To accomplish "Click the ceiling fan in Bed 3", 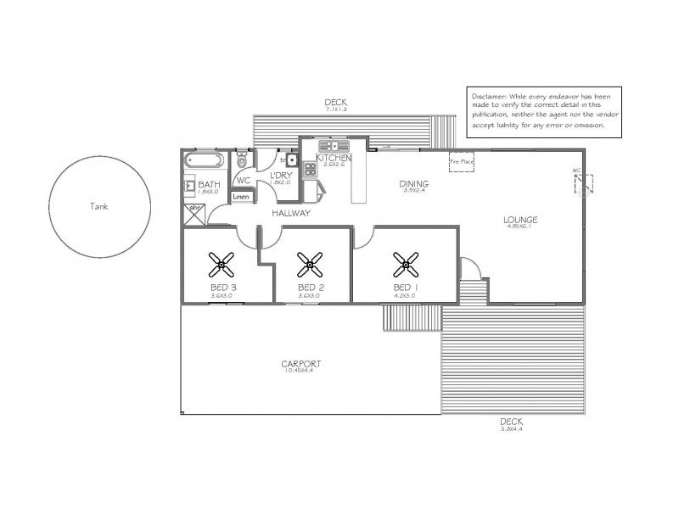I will tap(224, 266).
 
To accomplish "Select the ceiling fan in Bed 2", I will tap(309, 266).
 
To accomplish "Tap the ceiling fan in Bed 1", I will tap(404, 266).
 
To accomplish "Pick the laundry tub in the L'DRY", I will tap(290, 159).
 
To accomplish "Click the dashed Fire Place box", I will tap(462, 161).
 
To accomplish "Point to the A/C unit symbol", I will tap(583, 184).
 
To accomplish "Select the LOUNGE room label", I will tap(521, 220).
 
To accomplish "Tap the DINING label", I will tap(414, 183).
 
